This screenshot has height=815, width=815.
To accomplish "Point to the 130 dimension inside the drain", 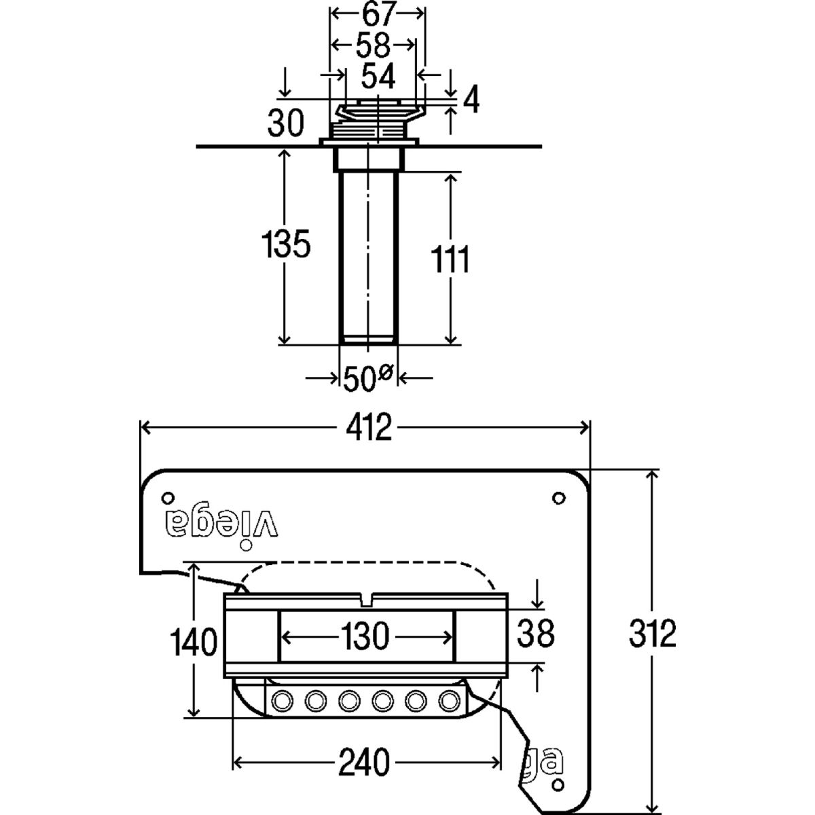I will [365, 637].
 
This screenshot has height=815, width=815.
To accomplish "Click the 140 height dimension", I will [195, 642].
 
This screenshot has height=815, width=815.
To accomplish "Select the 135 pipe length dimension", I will [286, 244].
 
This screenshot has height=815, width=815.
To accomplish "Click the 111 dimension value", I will [449, 259].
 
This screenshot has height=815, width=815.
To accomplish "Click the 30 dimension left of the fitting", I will [285, 125].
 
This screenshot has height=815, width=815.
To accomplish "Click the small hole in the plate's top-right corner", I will [558, 499].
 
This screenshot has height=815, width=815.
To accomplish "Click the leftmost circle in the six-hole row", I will [280, 700].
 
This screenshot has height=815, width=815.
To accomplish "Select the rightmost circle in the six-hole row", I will [449, 700].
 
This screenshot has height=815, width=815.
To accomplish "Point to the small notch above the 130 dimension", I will [367, 599].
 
